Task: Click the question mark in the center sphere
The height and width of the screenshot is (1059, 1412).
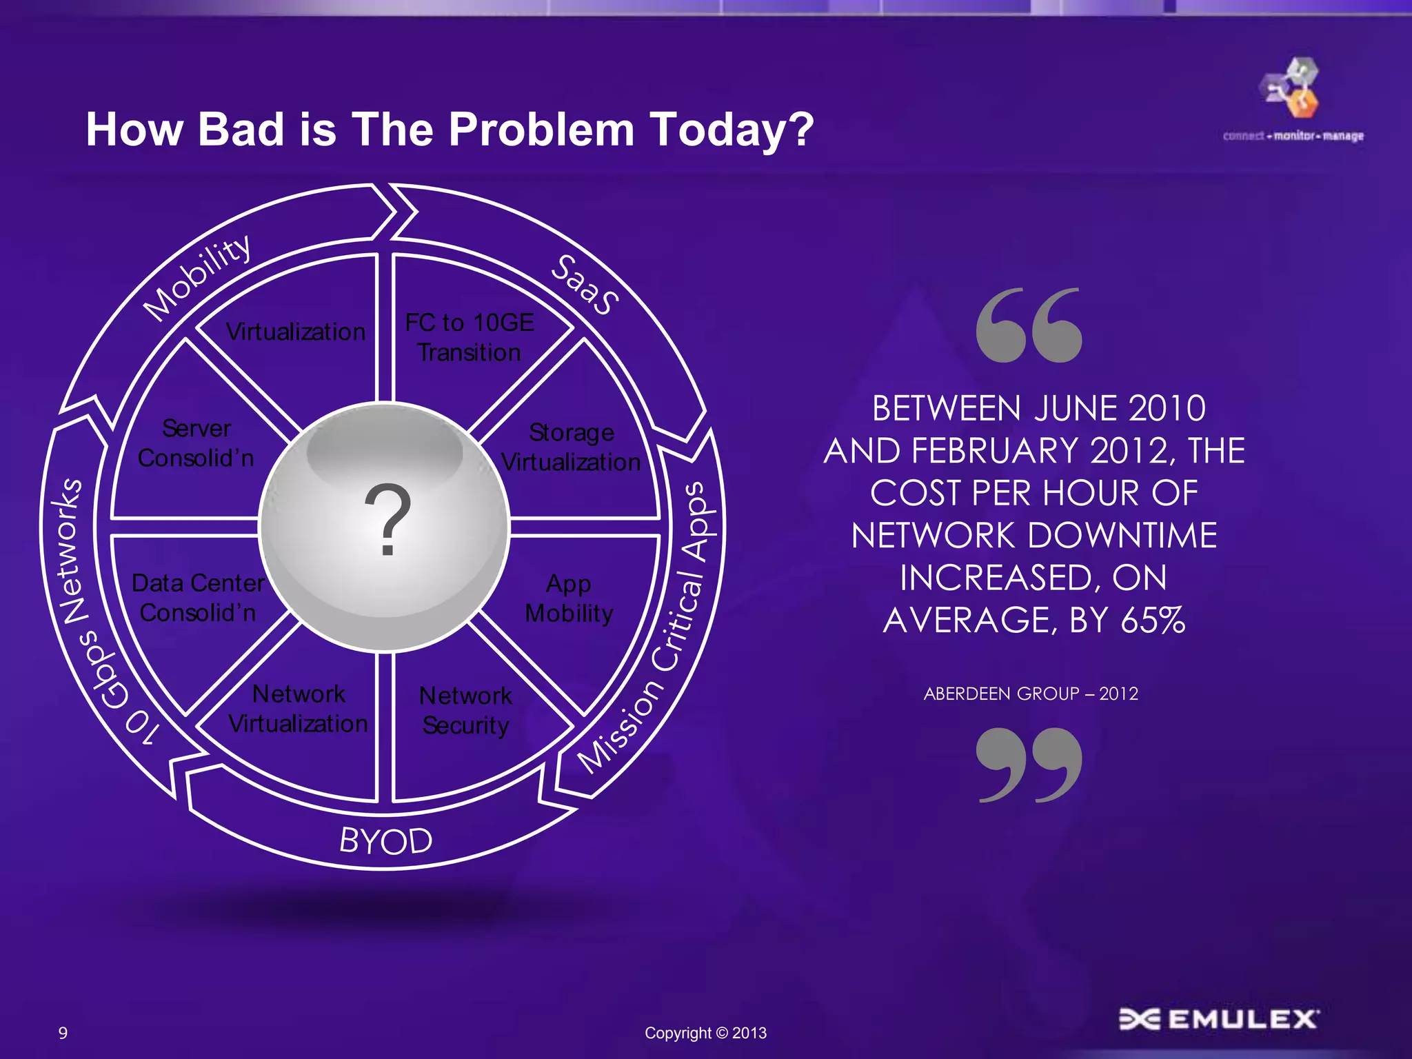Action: (387, 521)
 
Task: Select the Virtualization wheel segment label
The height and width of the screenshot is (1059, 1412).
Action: (295, 332)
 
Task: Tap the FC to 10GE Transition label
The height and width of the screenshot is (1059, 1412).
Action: (470, 338)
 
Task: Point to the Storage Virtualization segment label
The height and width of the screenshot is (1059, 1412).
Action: (571, 447)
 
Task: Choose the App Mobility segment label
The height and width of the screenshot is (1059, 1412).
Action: (569, 598)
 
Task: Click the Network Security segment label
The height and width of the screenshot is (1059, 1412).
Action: (466, 710)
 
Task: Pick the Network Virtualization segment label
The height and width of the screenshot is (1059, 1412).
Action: (298, 709)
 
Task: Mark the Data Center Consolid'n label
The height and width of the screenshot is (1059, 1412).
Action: (198, 598)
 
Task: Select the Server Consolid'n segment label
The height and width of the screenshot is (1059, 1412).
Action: (196, 443)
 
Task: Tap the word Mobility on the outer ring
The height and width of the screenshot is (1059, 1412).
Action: (197, 277)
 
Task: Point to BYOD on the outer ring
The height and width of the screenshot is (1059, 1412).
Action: (385, 841)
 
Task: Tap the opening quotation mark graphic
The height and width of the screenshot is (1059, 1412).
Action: (1029, 325)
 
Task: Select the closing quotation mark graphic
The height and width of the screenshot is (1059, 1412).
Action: (1029, 765)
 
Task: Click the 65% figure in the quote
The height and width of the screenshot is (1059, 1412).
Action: (1152, 621)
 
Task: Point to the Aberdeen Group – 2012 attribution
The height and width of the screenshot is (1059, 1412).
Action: (1031, 694)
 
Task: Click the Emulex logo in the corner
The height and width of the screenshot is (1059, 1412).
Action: (1218, 1019)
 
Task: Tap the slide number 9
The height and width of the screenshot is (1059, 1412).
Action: (63, 1033)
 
